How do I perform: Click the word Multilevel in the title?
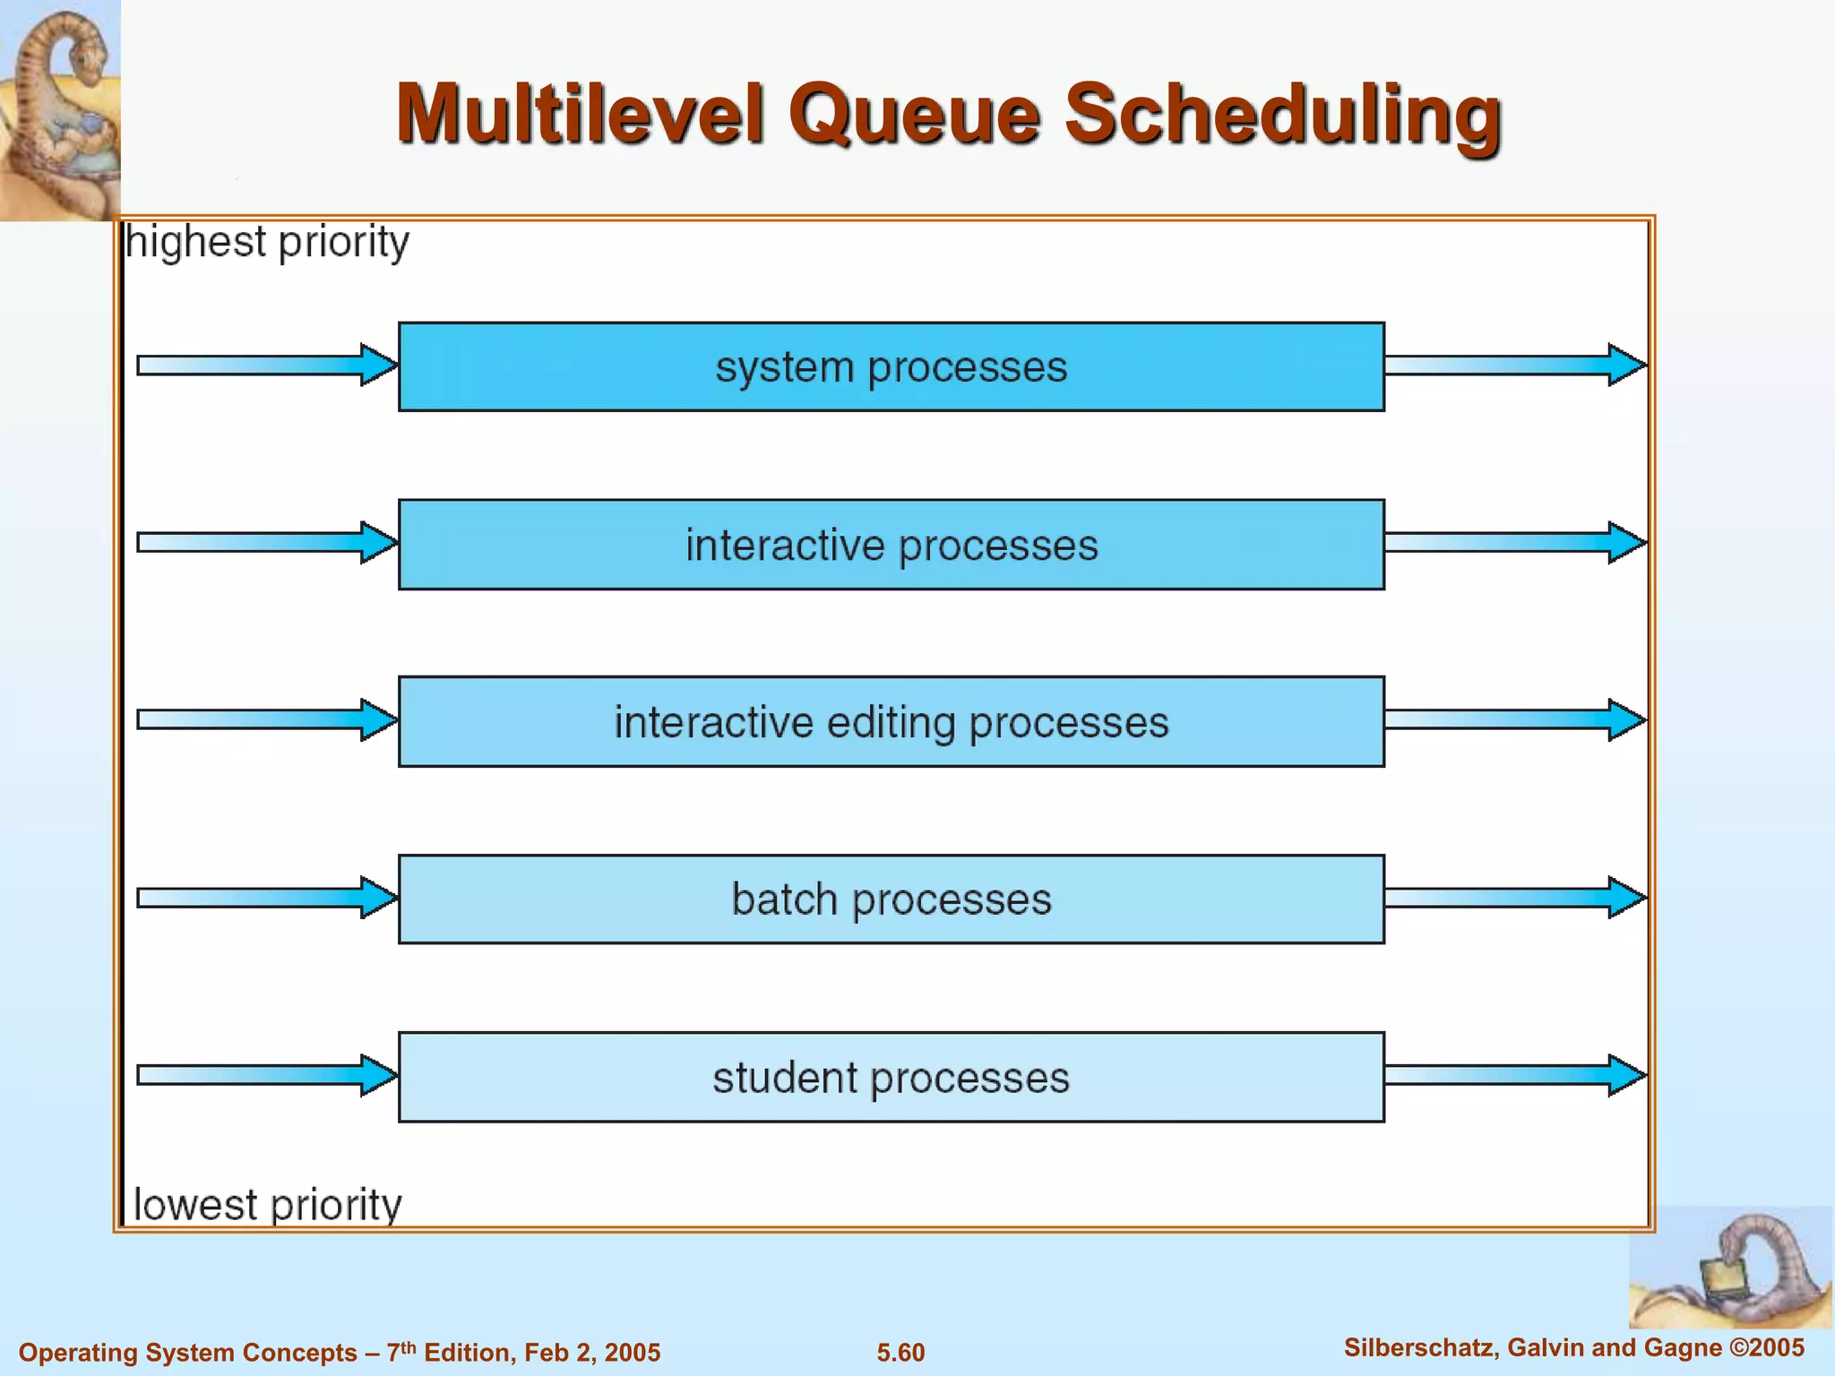[581, 115]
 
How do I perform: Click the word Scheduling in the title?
[1282, 115]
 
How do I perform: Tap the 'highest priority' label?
[267, 243]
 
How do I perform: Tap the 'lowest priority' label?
[267, 1205]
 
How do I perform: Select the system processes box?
[891, 367]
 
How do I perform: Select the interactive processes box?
[891, 545]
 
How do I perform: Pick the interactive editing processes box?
[891, 722]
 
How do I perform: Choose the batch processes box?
[891, 899]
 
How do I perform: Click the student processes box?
[891, 1077]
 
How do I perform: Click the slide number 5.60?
[900, 1353]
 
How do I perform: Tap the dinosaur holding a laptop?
[1729, 1272]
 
